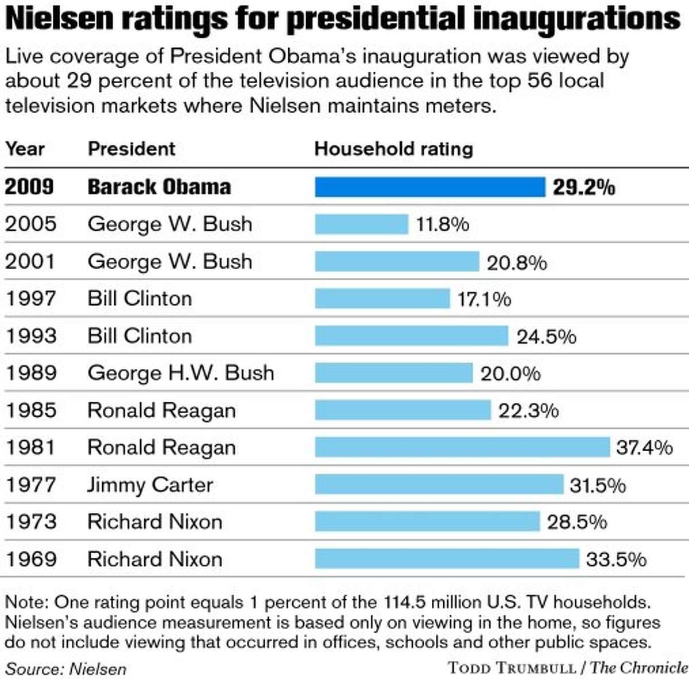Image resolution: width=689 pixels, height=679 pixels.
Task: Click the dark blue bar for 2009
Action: point(429,187)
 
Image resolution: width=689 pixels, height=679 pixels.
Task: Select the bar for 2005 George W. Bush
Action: point(361,224)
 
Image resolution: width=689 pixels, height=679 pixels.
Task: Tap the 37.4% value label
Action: point(644,447)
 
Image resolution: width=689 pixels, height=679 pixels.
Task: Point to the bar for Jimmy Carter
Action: point(439,484)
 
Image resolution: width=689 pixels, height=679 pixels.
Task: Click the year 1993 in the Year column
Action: point(31,336)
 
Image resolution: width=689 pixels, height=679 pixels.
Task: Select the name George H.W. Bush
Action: point(180,373)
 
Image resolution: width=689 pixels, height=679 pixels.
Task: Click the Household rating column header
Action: point(393,149)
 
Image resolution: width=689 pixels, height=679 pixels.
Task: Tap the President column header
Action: point(131,149)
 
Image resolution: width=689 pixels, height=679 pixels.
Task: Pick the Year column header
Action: point(25,149)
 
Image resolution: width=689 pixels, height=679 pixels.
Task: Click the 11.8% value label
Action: point(442,224)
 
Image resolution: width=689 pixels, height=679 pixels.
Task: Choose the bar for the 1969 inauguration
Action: point(447,558)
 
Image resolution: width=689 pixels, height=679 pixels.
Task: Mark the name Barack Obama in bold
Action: point(159,187)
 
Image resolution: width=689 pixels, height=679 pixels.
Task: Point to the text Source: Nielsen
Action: point(65,669)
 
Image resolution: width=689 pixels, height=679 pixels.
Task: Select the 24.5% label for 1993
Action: point(546,336)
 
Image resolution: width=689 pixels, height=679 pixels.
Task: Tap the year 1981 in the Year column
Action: point(31,447)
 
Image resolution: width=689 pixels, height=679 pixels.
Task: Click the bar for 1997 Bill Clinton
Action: point(382,298)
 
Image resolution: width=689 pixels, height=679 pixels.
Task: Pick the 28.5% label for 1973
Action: point(576,522)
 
